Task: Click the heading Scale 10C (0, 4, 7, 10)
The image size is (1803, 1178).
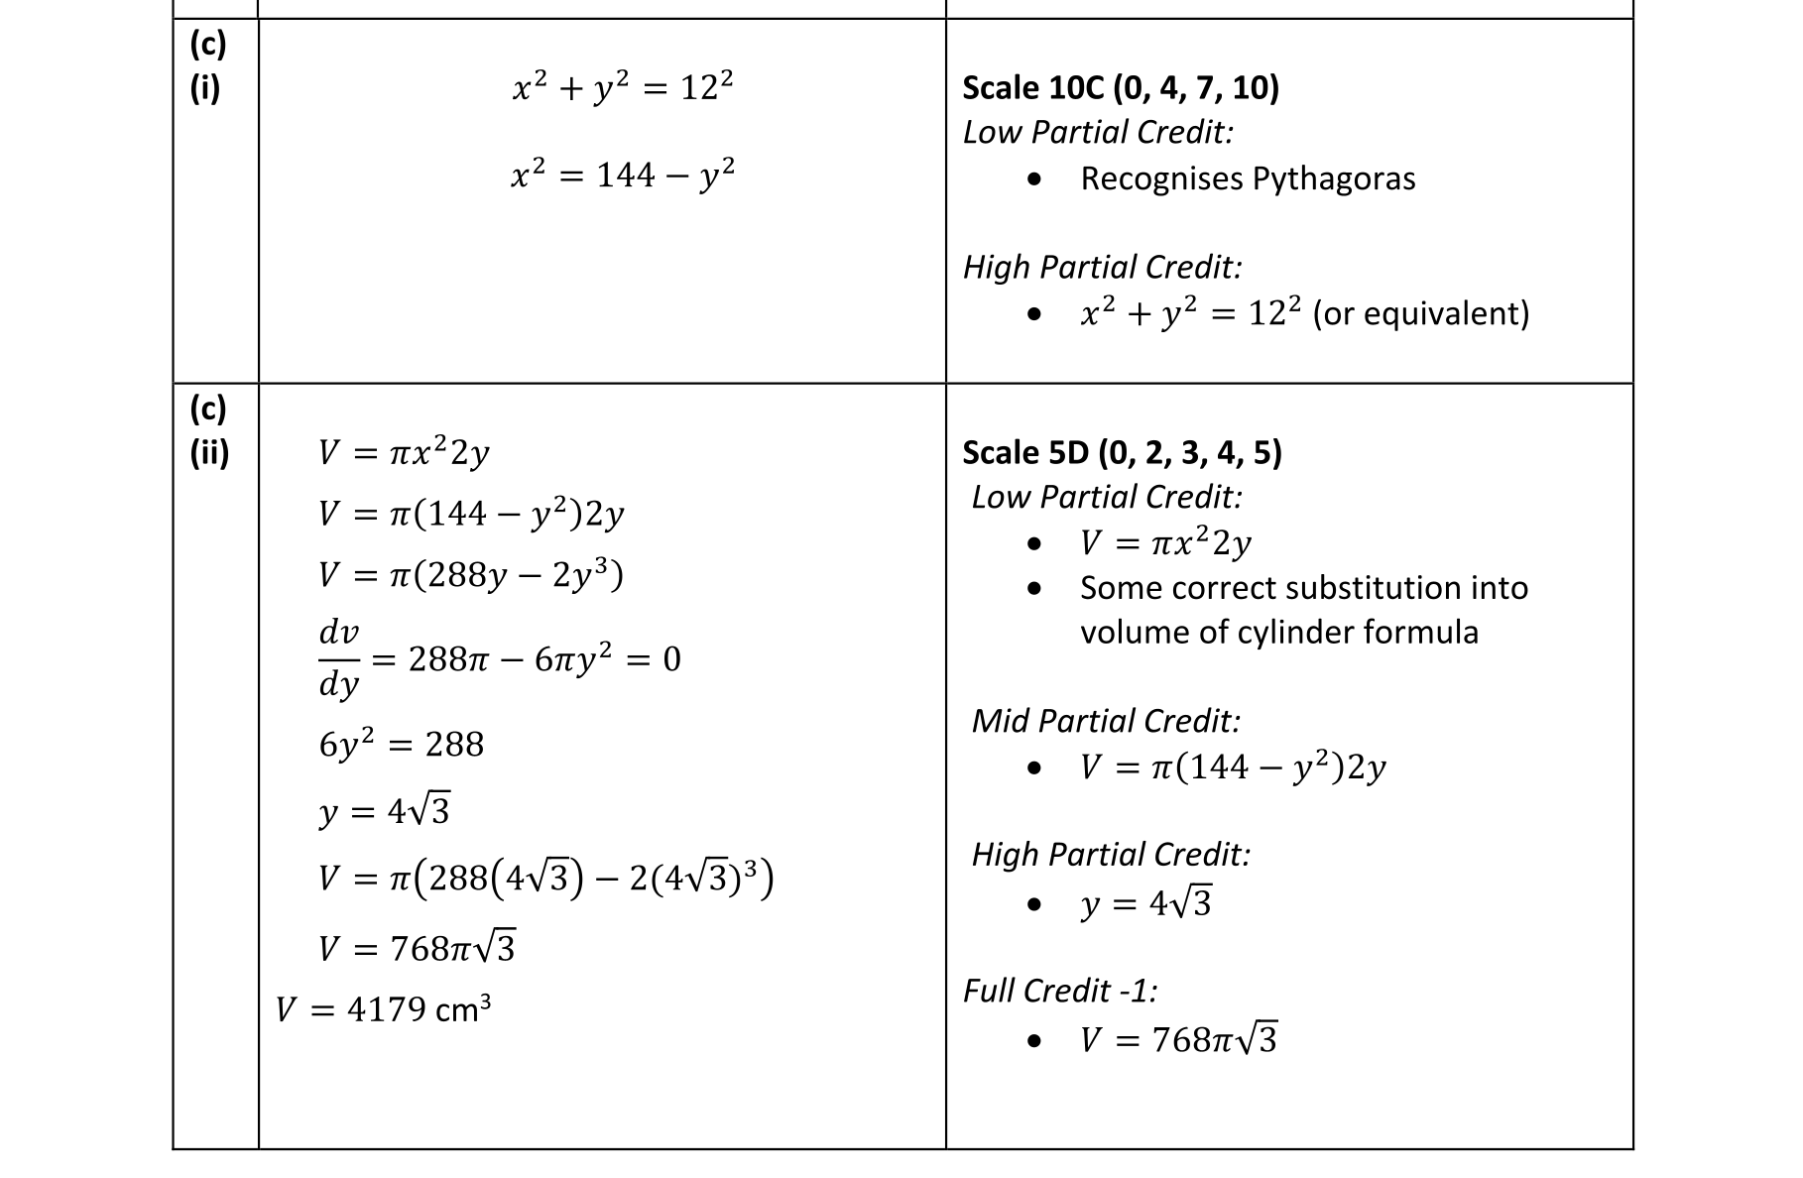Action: click(x=1121, y=88)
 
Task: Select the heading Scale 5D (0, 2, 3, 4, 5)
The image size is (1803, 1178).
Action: click(x=1122, y=453)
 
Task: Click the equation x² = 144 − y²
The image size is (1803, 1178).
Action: click(x=623, y=176)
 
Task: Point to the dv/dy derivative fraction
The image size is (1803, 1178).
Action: click(x=338, y=658)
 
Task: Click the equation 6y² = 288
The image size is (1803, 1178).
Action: click(x=401, y=744)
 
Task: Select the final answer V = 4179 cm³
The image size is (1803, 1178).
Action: click(x=383, y=1009)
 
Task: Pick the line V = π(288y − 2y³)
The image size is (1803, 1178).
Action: click(x=470, y=575)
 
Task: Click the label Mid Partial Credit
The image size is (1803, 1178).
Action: click(x=1105, y=721)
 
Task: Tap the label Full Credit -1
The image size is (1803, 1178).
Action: click(x=1059, y=991)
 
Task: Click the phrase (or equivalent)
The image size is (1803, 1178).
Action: click(x=1420, y=313)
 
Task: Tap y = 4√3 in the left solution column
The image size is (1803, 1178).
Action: click(x=384, y=812)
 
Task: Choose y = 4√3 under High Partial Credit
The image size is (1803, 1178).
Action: click(x=1145, y=903)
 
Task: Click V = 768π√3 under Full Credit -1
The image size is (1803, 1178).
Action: click(x=1178, y=1039)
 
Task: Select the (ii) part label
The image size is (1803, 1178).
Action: click(x=209, y=453)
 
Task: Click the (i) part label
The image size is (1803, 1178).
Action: click(x=205, y=88)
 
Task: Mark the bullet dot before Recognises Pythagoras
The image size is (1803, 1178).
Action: click(x=1035, y=179)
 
